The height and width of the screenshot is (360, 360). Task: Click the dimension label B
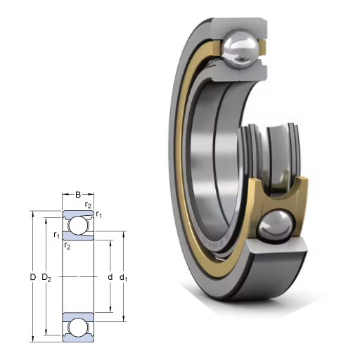(x=78, y=195)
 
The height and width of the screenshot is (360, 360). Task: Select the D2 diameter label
(x=46, y=278)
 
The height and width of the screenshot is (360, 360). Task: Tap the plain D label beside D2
(x=33, y=277)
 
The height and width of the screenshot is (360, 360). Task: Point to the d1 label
(x=123, y=278)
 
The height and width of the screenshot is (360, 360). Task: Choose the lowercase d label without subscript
(x=110, y=277)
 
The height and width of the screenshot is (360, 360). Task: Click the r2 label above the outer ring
(x=88, y=205)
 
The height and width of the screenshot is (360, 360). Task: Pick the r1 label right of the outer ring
(x=99, y=214)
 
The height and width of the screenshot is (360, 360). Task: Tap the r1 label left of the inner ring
(x=56, y=234)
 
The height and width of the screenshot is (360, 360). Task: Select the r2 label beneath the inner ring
(x=67, y=245)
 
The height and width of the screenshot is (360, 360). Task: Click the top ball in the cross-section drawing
(x=78, y=226)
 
